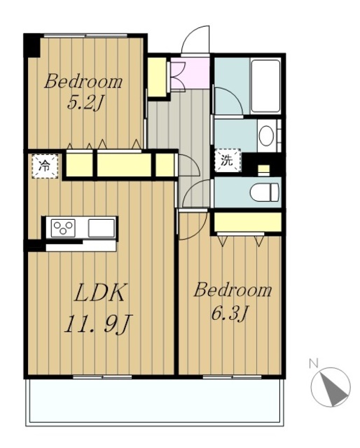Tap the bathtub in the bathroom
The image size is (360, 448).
[265, 86]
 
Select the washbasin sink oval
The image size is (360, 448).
[266, 136]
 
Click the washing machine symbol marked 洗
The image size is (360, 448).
[228, 160]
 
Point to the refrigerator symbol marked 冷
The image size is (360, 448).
[45, 166]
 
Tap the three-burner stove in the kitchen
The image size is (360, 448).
[63, 227]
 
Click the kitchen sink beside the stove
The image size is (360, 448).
[102, 227]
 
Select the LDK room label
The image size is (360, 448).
[99, 293]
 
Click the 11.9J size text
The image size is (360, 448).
[99, 323]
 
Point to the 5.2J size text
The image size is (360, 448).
[85, 103]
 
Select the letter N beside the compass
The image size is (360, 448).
[314, 363]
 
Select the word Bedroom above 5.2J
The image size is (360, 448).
[83, 81]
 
